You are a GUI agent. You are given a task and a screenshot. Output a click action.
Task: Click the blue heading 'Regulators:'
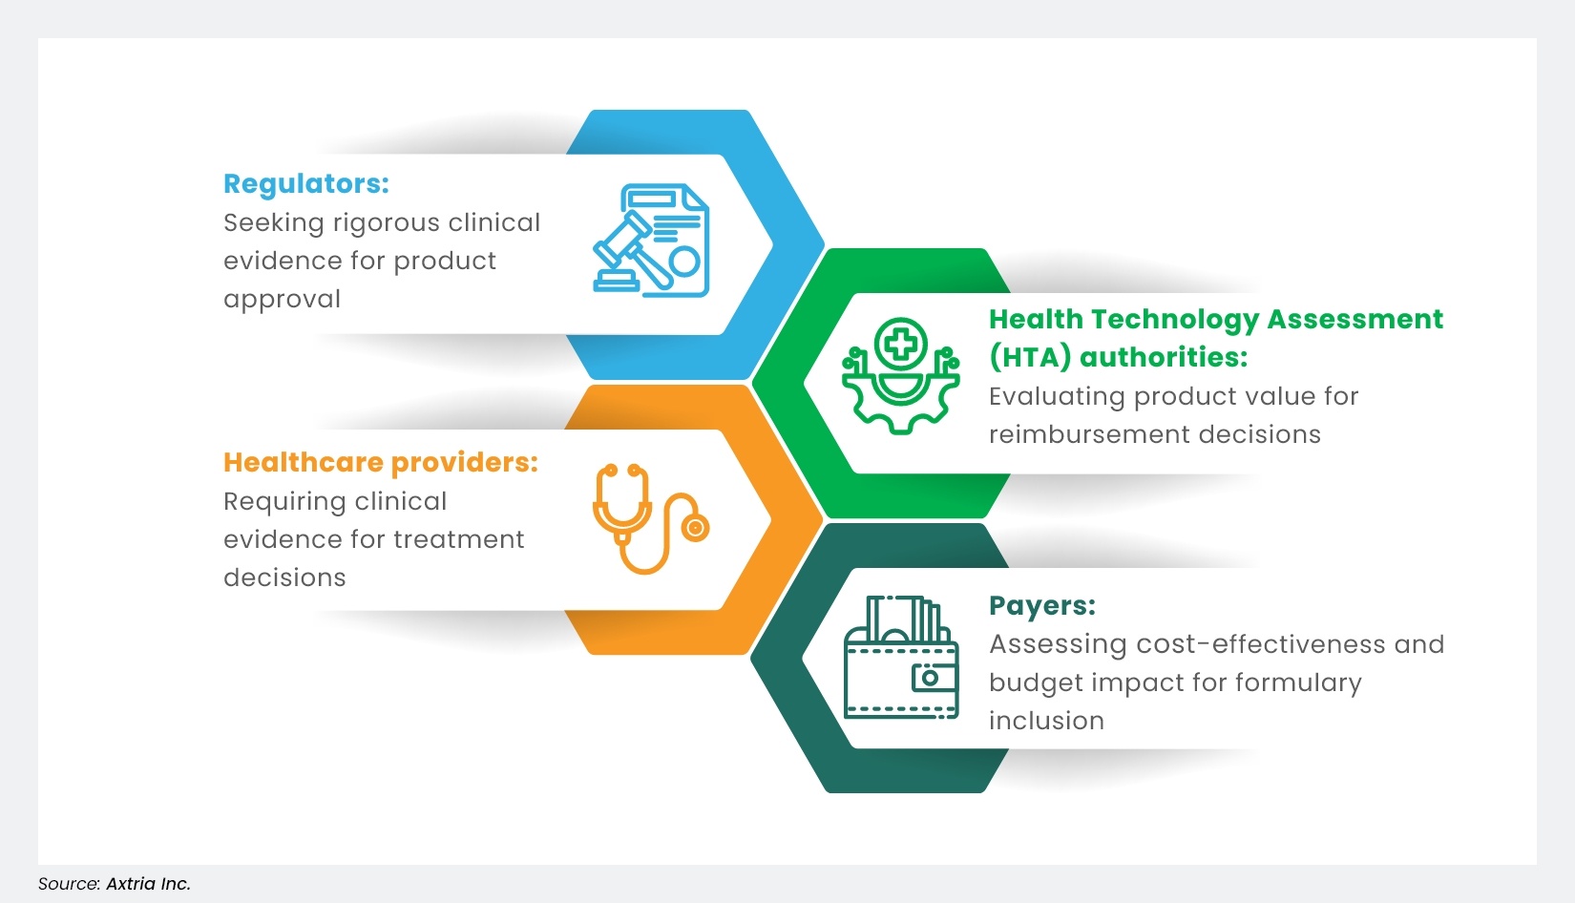pos(305,183)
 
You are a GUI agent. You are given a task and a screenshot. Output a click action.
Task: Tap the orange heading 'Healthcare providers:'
pos(380,462)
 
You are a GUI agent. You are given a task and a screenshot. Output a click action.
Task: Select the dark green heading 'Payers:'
pos(1041,605)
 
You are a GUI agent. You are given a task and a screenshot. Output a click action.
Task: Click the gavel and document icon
pos(652,241)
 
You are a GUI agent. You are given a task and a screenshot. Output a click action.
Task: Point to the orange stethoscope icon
pos(650,518)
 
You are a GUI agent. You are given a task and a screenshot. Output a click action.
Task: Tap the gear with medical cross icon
pos(900,376)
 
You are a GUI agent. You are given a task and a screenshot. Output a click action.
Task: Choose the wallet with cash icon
pos(901,658)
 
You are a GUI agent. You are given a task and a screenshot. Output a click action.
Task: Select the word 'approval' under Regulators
pos(282,299)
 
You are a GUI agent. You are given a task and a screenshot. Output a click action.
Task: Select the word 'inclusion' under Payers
pos(1046,721)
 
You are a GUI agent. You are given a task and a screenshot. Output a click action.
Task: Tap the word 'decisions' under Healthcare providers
pos(284,577)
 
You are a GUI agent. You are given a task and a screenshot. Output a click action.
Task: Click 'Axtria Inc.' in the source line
pos(148,884)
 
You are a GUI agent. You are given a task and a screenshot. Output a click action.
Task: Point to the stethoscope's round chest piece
pos(695,527)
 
